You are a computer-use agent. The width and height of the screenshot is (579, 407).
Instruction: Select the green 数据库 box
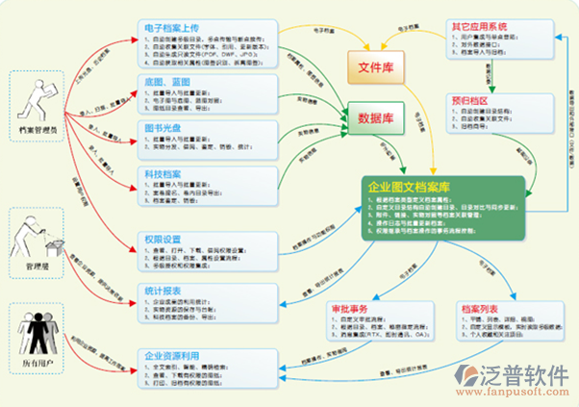click(x=378, y=119)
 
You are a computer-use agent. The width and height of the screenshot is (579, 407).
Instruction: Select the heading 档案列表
click(x=478, y=310)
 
